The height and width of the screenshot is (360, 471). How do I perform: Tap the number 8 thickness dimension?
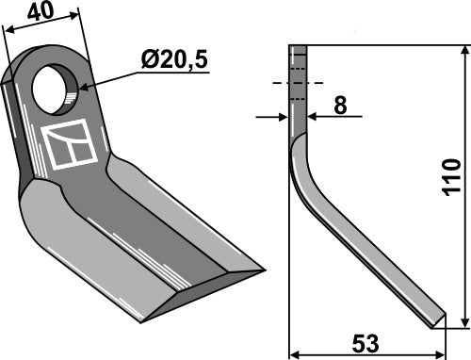pos(339,106)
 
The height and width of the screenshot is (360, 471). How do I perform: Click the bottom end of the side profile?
pos(437,322)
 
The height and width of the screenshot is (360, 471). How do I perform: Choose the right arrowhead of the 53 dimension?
pos(442,354)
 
